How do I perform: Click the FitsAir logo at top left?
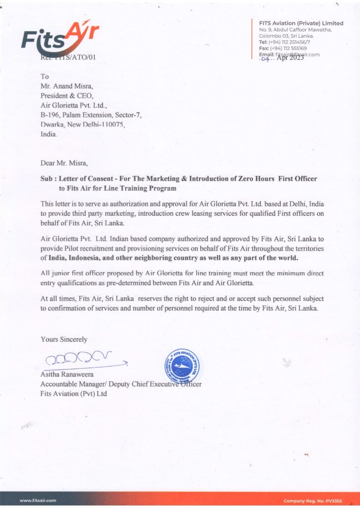(60, 38)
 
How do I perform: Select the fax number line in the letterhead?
(283, 48)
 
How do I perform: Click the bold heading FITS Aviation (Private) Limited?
(301, 23)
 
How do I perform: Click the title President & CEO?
(66, 96)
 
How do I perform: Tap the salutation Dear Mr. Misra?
(66, 162)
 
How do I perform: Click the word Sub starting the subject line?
(47, 178)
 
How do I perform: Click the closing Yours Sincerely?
(64, 339)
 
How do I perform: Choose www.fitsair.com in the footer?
(38, 501)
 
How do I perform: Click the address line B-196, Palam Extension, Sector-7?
(91, 115)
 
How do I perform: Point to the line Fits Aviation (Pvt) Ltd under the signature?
(73, 393)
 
